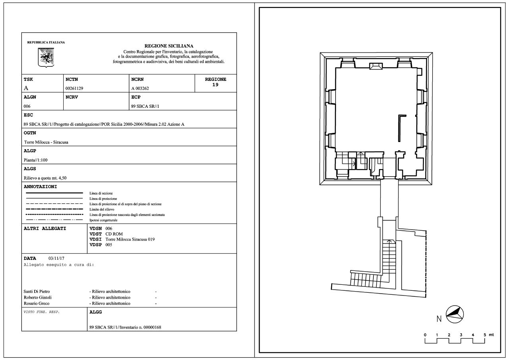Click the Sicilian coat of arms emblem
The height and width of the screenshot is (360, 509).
[x=46, y=58]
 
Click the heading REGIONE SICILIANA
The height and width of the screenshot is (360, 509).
[x=169, y=46]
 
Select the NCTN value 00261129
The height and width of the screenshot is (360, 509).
[x=74, y=88]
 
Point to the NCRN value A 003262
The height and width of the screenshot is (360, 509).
[x=140, y=88]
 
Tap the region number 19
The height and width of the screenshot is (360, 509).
[x=215, y=85]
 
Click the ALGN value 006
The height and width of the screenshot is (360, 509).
[x=27, y=106]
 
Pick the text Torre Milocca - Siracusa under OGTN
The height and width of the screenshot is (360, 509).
[x=46, y=142]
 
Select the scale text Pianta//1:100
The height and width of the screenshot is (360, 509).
[x=35, y=160]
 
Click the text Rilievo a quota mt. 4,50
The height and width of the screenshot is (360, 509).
[x=45, y=178]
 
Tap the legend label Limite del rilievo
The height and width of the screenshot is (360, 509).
[x=102, y=209]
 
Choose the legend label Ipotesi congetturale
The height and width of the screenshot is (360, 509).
[x=103, y=220]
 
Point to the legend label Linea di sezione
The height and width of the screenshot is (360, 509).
[x=101, y=193]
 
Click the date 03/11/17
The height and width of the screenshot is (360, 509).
[x=56, y=259]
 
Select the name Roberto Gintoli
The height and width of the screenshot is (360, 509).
[x=37, y=297]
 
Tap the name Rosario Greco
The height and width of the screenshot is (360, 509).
[x=36, y=303]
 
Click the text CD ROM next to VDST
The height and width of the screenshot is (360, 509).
[x=114, y=234]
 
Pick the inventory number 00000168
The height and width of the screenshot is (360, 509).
[x=152, y=327]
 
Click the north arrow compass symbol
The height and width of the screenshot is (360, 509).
[x=455, y=314]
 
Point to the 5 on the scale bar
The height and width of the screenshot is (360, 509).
[x=484, y=335]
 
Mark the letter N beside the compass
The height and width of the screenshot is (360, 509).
[x=439, y=319]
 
